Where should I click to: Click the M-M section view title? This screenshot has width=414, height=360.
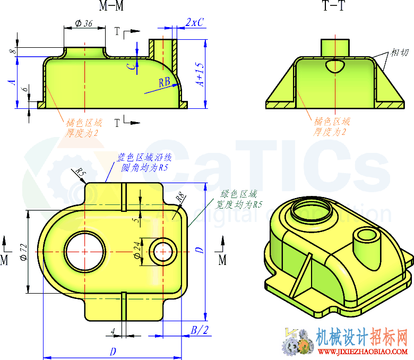pyautogui.click(x=111, y=5)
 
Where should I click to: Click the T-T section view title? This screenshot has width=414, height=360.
pyautogui.click(x=334, y=5)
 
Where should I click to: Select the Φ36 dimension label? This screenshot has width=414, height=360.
pyautogui.click(x=84, y=23)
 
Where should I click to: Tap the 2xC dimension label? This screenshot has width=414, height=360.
pyautogui.click(x=195, y=22)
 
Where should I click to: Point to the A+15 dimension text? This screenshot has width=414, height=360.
pyautogui.click(x=200, y=75)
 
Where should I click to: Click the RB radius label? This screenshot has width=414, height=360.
pyautogui.click(x=165, y=82)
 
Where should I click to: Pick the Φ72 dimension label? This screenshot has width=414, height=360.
pyautogui.click(x=23, y=252)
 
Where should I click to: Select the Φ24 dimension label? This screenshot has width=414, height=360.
pyautogui.click(x=137, y=251)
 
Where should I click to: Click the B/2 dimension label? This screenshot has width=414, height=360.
pyautogui.click(x=200, y=330)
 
